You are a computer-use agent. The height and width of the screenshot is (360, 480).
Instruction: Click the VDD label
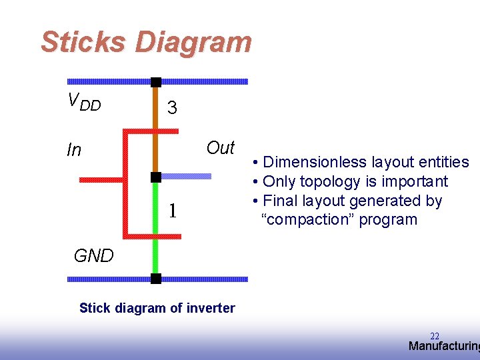[x=85, y=101]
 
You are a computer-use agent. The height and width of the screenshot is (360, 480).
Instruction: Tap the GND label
[x=93, y=256]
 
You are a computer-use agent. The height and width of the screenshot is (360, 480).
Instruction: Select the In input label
[x=74, y=151]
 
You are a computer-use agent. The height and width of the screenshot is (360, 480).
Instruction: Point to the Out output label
[x=221, y=148]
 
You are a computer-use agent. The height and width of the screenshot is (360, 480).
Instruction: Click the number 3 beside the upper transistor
[x=172, y=108]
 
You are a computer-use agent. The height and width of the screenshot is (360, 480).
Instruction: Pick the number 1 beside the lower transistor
[x=172, y=211]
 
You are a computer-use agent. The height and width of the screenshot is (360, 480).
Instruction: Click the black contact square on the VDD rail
[x=155, y=82]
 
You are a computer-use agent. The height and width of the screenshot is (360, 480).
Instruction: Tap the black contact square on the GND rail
[x=155, y=279]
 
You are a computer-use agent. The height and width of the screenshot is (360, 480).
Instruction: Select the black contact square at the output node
[x=155, y=177]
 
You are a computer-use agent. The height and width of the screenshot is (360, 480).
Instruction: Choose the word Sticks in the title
[x=82, y=42]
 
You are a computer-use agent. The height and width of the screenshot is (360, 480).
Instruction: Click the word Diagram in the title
[x=193, y=42]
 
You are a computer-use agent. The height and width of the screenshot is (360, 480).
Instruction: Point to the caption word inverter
[x=213, y=308]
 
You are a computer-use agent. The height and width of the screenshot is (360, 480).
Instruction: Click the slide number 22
[x=435, y=336]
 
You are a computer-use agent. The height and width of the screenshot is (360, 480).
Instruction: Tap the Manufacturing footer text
[x=443, y=346]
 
